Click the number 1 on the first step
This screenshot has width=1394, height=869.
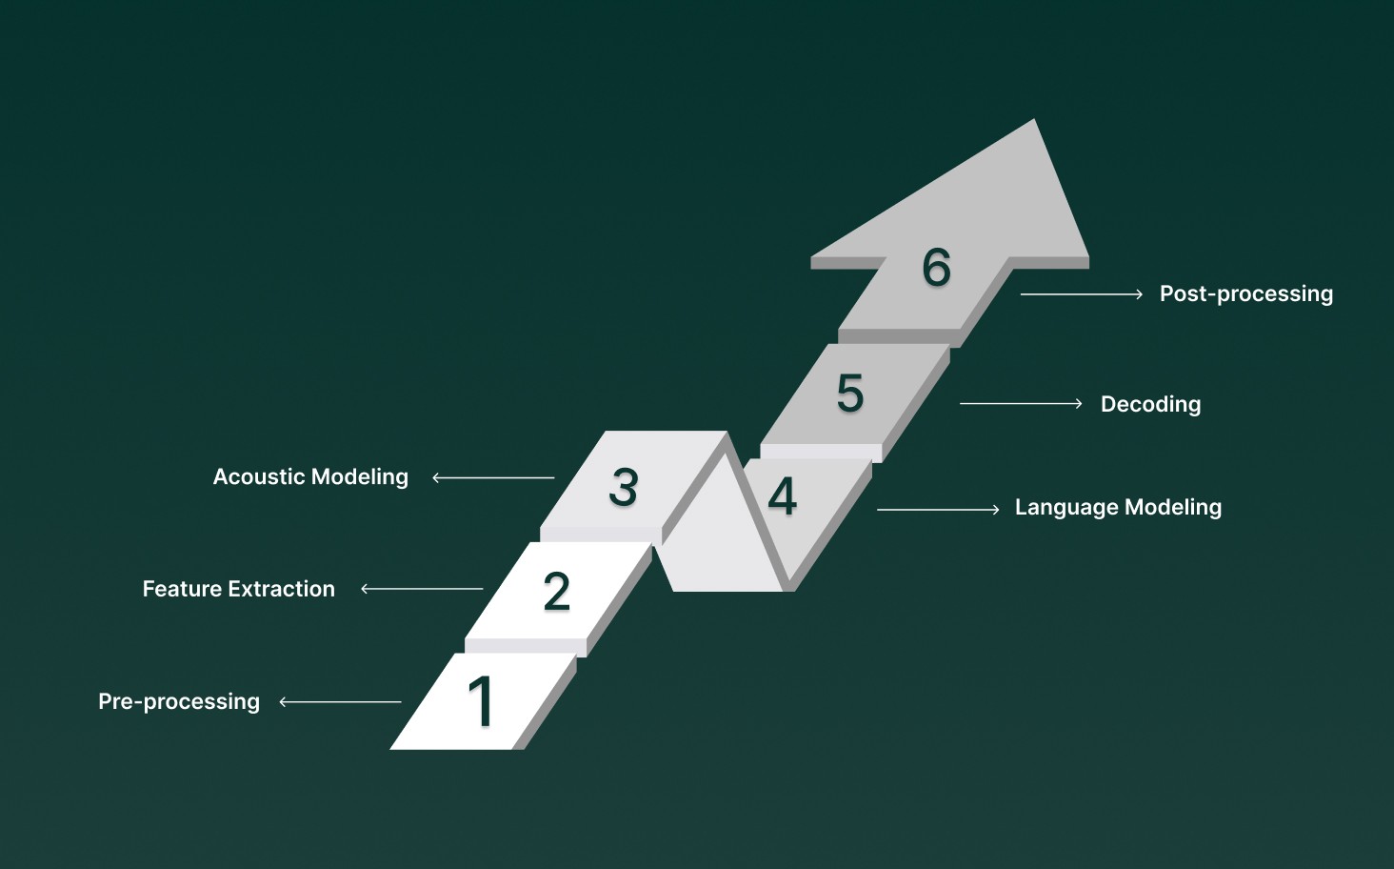[x=482, y=701]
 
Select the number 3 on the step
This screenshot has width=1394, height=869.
[x=624, y=487]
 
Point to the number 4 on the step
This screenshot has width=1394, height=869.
[x=783, y=495]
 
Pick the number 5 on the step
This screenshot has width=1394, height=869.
[x=850, y=393]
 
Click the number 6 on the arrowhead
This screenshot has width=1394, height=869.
[x=937, y=267]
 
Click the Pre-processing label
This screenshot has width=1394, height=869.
[x=179, y=701]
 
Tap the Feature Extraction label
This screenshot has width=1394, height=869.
[x=239, y=589]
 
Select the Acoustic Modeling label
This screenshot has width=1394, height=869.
[x=310, y=476]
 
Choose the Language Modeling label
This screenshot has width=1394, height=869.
[x=1118, y=507]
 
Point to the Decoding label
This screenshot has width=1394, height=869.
[x=1150, y=404]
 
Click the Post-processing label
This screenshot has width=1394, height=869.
[x=1245, y=293]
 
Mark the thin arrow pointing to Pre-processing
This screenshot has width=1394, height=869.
[x=340, y=702]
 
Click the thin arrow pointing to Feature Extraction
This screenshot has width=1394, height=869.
[x=422, y=589]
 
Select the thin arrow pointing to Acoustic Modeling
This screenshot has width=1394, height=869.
[x=493, y=477]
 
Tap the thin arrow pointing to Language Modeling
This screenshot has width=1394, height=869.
[x=938, y=510]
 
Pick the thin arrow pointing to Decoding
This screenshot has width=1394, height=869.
[x=1021, y=404]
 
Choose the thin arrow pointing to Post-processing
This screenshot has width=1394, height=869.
[x=1082, y=294]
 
